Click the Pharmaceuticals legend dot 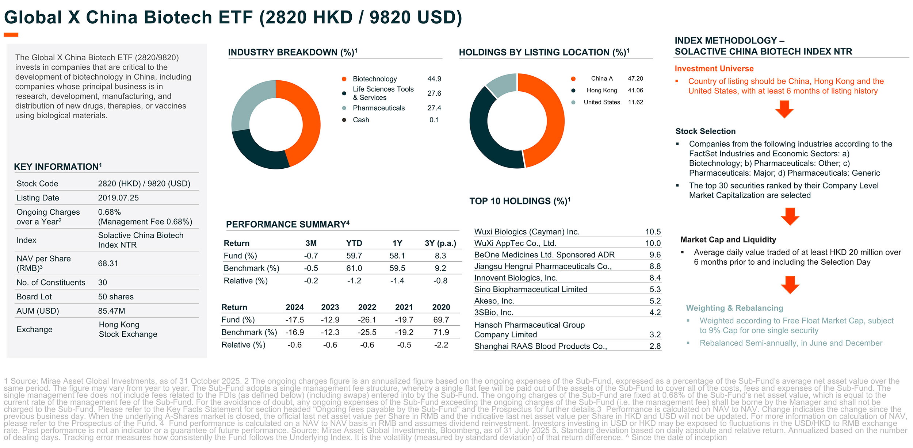tap(344, 108)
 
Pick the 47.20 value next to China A tap(635, 79)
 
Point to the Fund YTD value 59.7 tap(354, 256)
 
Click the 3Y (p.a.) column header tap(440, 243)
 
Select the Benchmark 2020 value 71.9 tap(441, 332)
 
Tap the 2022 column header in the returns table tap(367, 307)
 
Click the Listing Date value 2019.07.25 tap(118, 198)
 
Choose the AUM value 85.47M tap(111, 311)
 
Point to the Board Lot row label tap(34, 297)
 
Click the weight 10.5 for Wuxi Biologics tap(653, 232)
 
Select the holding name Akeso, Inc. tap(494, 301)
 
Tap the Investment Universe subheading tap(714, 69)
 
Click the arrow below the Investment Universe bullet tap(784, 109)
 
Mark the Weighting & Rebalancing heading tap(734, 308)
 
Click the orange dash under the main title tap(11, 35)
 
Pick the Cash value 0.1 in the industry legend tap(434, 120)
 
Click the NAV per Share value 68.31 tap(108, 264)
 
